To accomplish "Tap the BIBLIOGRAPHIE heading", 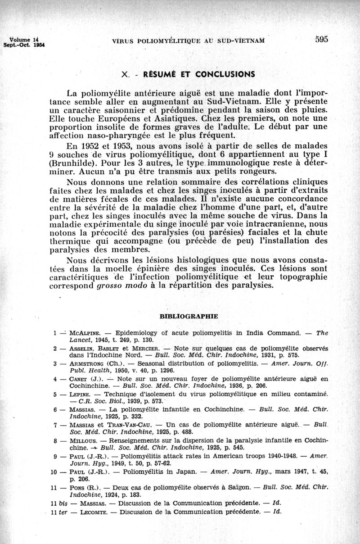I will [189, 316].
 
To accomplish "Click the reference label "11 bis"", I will [58, 503].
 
